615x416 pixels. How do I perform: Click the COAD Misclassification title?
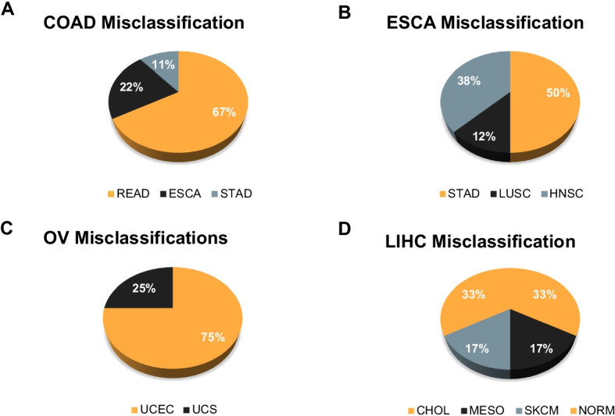tap(134, 23)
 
